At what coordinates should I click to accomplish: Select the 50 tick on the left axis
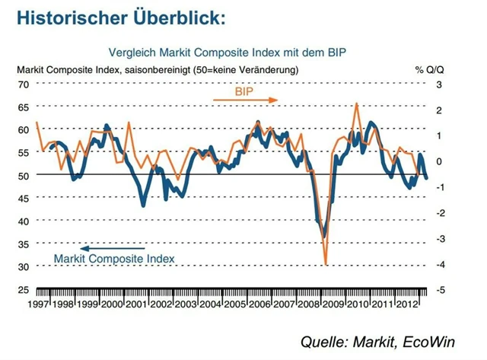[23, 175]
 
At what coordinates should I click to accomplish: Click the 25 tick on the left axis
[23, 290]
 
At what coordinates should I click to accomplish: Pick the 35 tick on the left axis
[23, 244]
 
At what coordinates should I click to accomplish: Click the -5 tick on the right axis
[439, 290]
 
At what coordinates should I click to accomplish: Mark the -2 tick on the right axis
[439, 213]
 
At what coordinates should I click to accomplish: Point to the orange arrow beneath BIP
[240, 100]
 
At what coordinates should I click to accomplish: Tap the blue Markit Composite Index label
[114, 259]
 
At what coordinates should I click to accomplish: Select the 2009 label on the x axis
[334, 304]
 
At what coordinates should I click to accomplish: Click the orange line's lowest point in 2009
[326, 263]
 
